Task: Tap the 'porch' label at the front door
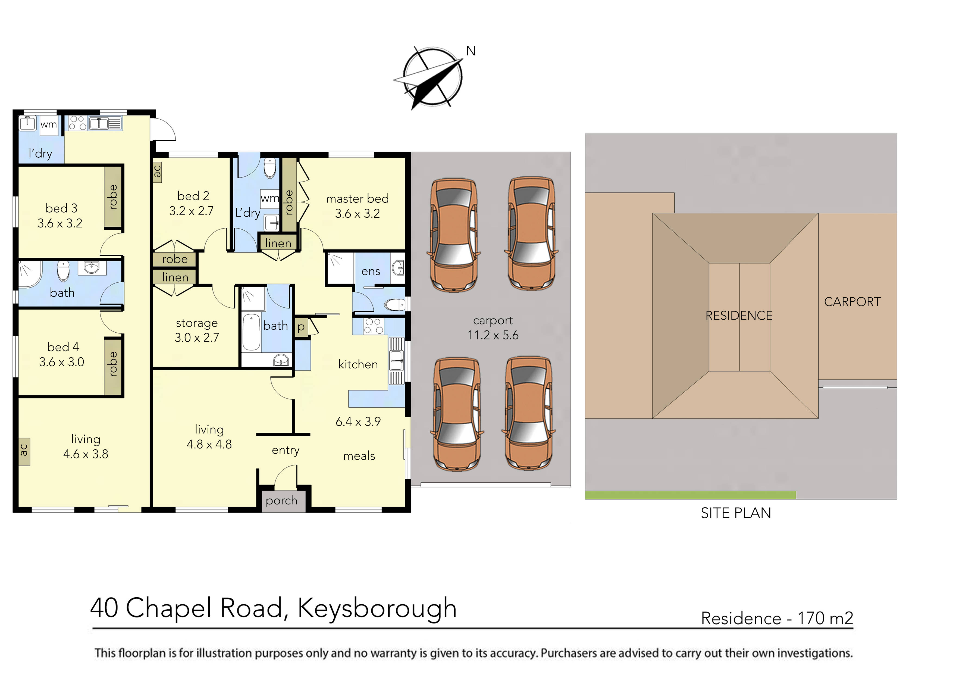click(281, 501)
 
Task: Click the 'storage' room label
click(197, 323)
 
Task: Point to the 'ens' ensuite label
click(371, 272)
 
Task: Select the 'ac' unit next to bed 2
click(157, 171)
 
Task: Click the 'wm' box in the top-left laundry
click(49, 124)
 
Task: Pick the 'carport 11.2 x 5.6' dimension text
click(493, 328)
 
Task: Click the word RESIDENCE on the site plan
click(739, 316)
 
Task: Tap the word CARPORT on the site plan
click(852, 302)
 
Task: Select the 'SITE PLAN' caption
click(735, 513)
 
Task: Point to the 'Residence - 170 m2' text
click(777, 618)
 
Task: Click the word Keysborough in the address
click(377, 609)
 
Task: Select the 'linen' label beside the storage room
click(175, 277)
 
